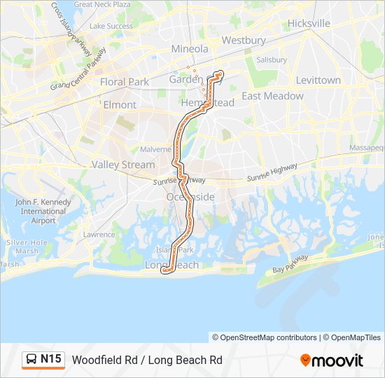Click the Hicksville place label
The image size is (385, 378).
pyautogui.click(x=308, y=23)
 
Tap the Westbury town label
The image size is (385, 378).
pyautogui.click(x=244, y=41)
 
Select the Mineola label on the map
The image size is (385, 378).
pyautogui.click(x=190, y=49)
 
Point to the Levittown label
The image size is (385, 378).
pyautogui.click(x=318, y=80)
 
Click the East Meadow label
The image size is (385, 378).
pyautogui.click(x=272, y=96)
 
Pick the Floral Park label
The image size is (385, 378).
pyautogui.click(x=125, y=82)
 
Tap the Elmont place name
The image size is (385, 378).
pyautogui.click(x=120, y=105)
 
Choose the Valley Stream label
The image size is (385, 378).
pyautogui.click(x=123, y=165)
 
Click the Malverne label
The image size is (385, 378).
pyautogui.click(x=155, y=149)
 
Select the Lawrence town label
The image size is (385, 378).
pyautogui.click(x=99, y=234)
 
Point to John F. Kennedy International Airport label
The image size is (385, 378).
pyautogui.click(x=43, y=211)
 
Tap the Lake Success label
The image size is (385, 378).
pyautogui.click(x=111, y=27)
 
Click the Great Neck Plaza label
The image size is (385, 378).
pyautogui.click(x=102, y=4)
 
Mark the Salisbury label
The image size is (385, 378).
pyautogui.click(x=272, y=60)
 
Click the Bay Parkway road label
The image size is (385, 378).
pyautogui.click(x=290, y=264)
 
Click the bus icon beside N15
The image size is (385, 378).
pyautogui.click(x=31, y=360)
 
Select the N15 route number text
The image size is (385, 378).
pyautogui.click(x=51, y=360)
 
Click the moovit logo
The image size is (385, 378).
pyautogui.click(x=332, y=360)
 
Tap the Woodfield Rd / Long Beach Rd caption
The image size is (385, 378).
pyautogui.click(x=147, y=360)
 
